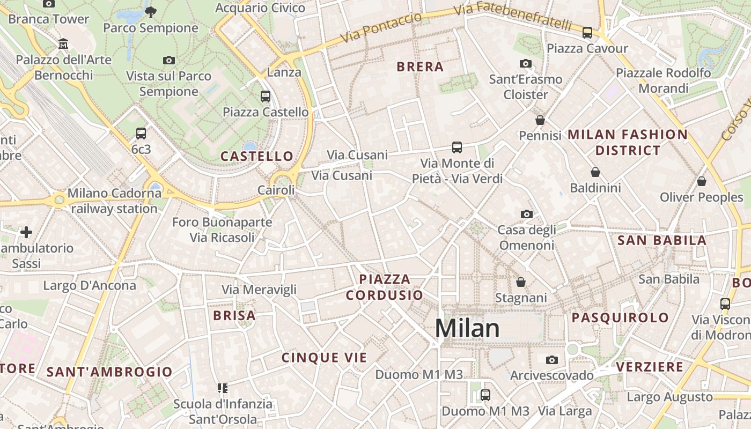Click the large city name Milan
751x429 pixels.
(467, 328)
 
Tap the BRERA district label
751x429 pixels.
(420, 67)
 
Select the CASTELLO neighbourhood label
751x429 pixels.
(257, 156)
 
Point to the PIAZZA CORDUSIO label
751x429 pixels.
(385, 287)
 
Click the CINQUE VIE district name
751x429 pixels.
(324, 358)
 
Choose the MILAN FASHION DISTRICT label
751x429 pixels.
(628, 142)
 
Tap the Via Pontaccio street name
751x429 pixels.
(381, 28)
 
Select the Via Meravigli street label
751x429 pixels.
(259, 290)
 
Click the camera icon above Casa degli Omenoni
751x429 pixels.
(526, 214)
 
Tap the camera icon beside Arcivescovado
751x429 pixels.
(551, 360)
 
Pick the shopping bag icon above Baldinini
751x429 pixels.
(595, 172)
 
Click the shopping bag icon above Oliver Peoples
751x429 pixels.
(701, 181)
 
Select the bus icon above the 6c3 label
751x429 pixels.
(141, 133)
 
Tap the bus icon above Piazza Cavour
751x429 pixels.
(587, 32)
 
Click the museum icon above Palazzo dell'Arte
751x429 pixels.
(63, 43)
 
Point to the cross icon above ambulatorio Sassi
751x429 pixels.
(26, 232)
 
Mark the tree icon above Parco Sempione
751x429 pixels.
(151, 11)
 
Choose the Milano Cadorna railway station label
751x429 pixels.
(114, 201)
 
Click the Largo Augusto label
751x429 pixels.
(669, 397)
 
